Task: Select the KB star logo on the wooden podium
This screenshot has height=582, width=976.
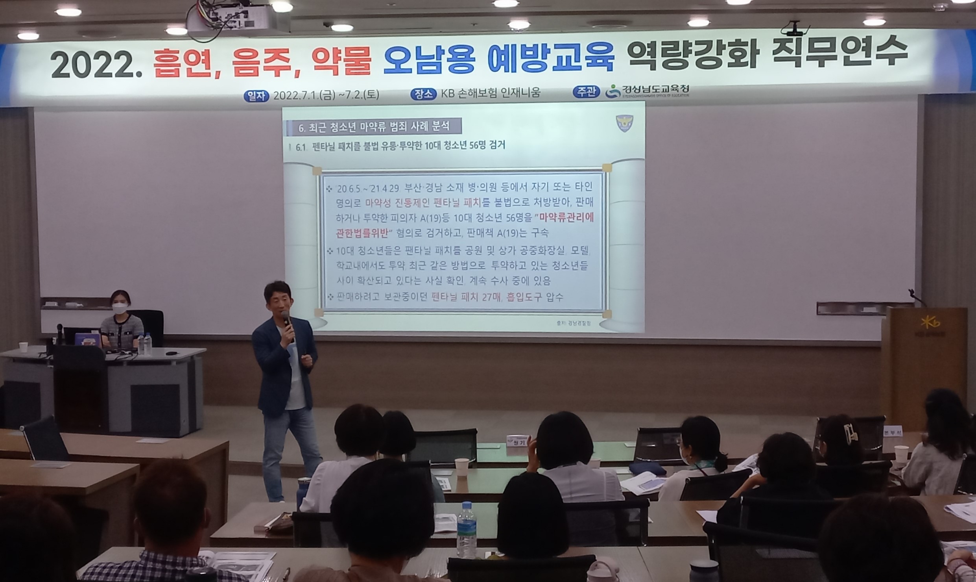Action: coord(930,323)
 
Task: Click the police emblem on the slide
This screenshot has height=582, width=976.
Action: coord(624,123)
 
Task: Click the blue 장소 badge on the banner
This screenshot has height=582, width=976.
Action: coord(423,94)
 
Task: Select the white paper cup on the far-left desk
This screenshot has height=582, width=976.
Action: coord(24,347)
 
